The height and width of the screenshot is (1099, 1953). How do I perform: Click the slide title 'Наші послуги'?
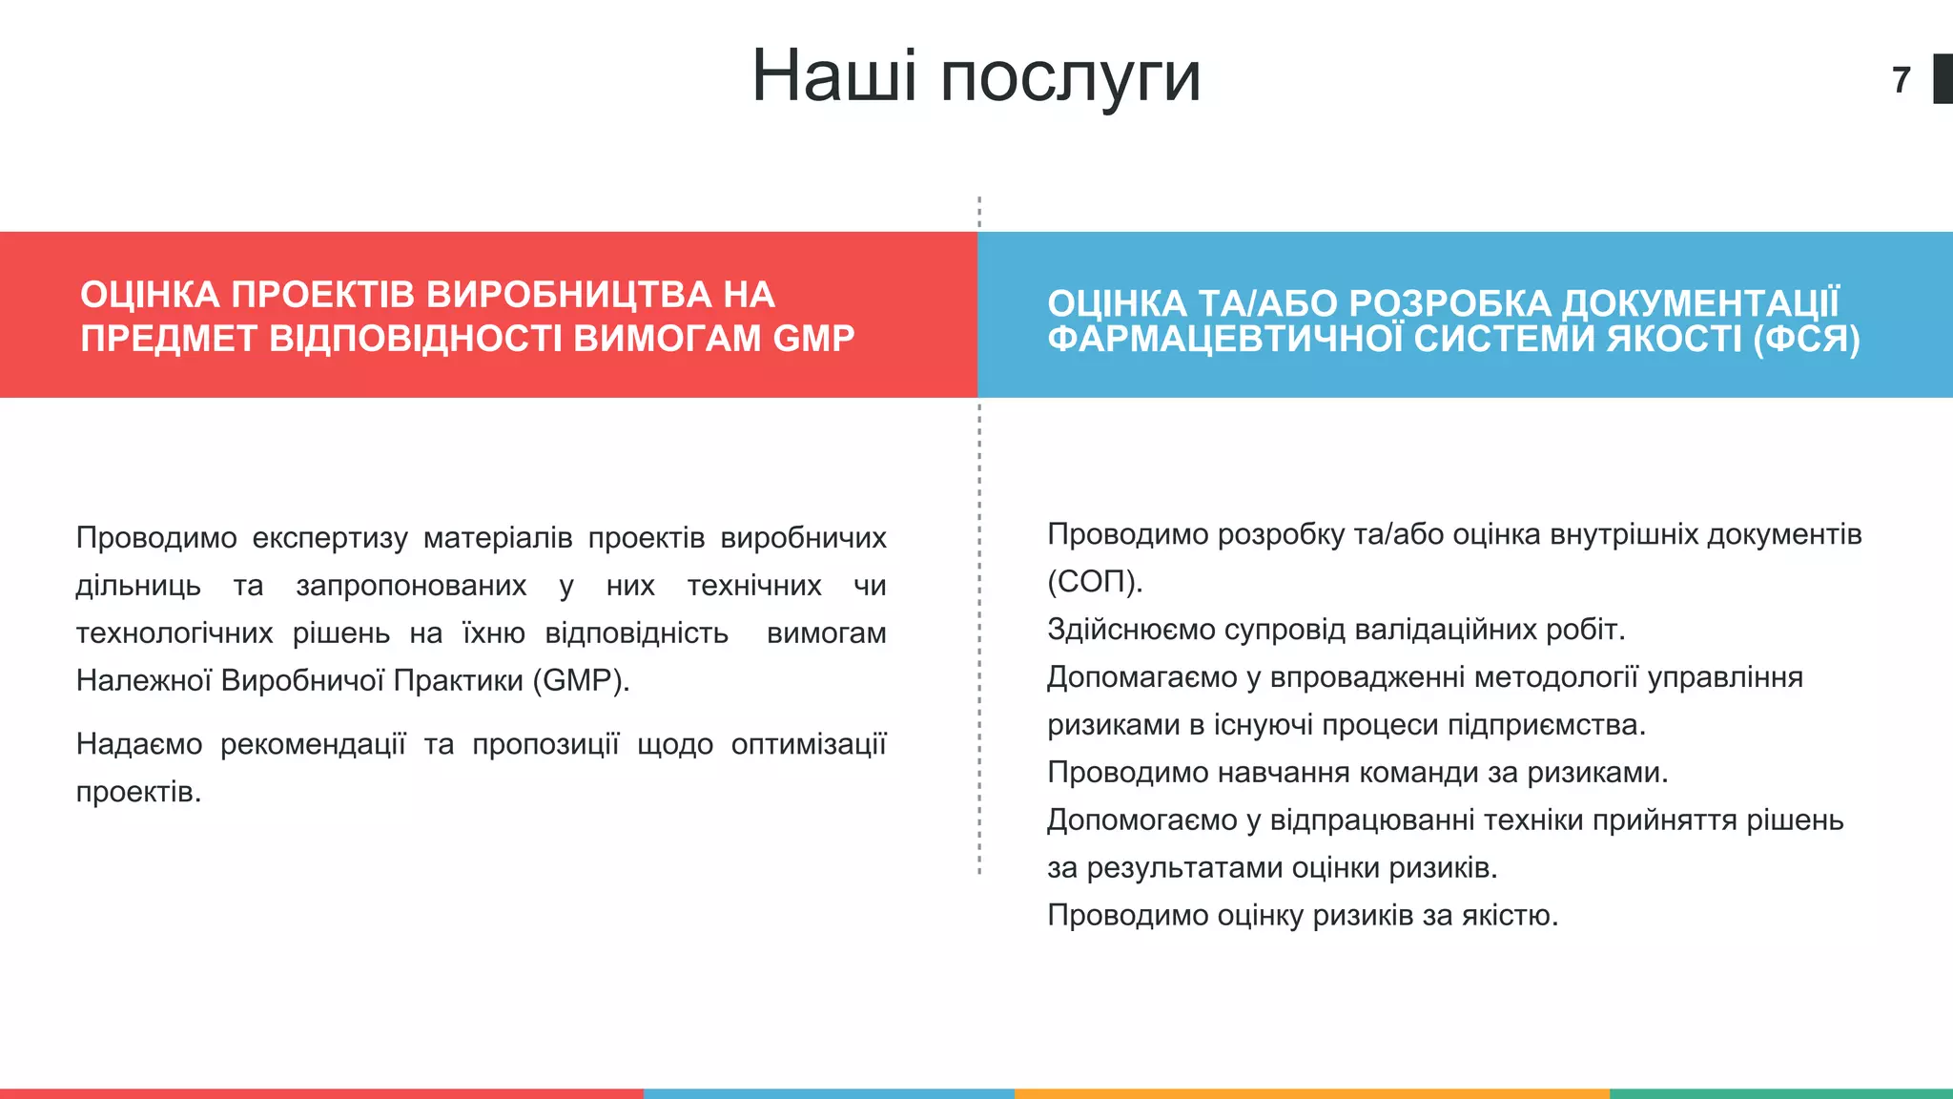(x=976, y=76)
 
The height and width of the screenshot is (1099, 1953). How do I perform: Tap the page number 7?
(x=1902, y=80)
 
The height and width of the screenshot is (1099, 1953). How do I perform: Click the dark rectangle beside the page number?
(x=1943, y=79)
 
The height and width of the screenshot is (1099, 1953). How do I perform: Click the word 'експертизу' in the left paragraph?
(x=330, y=538)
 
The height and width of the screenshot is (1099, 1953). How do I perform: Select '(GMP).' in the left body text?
(x=581, y=681)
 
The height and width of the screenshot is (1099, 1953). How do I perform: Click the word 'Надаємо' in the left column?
(x=139, y=744)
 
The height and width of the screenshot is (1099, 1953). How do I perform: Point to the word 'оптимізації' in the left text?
(x=809, y=744)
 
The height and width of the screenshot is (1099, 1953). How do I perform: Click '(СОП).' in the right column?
(x=1095, y=582)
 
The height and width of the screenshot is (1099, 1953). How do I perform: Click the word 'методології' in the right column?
(x=1556, y=677)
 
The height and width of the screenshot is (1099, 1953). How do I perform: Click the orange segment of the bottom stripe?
(x=1311, y=1093)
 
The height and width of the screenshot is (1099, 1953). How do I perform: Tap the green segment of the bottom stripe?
(x=1780, y=1093)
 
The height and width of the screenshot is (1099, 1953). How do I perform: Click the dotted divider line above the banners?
(x=979, y=213)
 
